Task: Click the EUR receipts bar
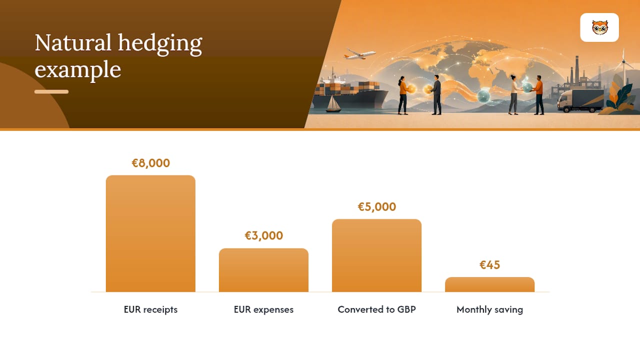point(150,233)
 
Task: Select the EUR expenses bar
point(263,270)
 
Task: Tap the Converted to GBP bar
point(376,255)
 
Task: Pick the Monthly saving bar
point(489,284)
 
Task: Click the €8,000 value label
point(150,163)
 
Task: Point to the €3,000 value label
point(263,235)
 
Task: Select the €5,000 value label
point(377,206)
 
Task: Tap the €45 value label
point(489,265)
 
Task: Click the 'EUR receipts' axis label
point(150,309)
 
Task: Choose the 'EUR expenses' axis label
point(263,309)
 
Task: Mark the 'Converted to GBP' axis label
point(376,309)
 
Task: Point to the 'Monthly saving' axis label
point(489,309)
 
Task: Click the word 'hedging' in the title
point(160,43)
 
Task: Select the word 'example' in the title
point(77,70)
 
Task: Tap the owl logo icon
point(599,27)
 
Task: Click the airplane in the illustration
point(360,54)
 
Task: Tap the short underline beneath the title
point(51,91)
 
